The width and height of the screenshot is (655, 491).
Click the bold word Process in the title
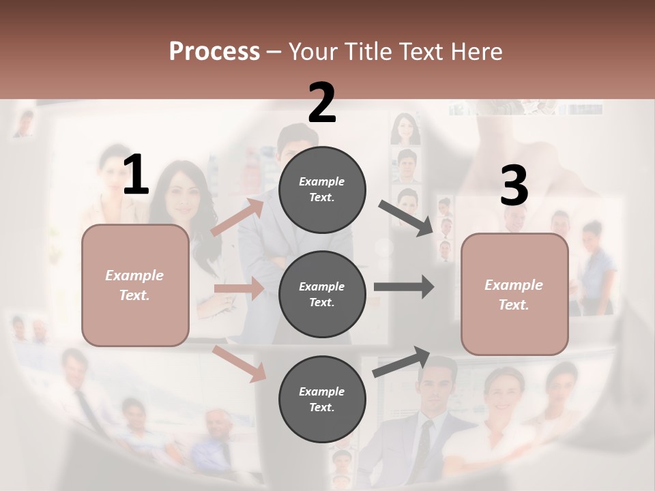click(x=214, y=52)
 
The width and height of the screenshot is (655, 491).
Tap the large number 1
click(x=136, y=175)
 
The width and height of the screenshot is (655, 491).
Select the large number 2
click(x=321, y=103)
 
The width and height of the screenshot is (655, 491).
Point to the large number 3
click(x=514, y=186)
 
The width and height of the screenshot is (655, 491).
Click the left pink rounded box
click(x=135, y=285)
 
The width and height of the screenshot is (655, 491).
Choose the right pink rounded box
click(x=514, y=294)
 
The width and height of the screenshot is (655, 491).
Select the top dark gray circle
click(x=322, y=189)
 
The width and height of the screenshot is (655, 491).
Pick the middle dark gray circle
click(x=322, y=294)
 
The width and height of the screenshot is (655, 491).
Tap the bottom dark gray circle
click(x=322, y=399)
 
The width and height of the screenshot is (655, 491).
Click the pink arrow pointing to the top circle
click(x=238, y=218)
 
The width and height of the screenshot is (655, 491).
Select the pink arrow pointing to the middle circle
click(x=239, y=288)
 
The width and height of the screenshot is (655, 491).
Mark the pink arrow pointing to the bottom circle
click(x=239, y=363)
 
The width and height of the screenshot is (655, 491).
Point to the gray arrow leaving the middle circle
click(x=404, y=287)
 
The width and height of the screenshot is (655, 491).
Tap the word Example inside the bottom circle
click(x=322, y=391)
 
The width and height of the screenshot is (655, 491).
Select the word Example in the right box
click(x=514, y=285)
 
